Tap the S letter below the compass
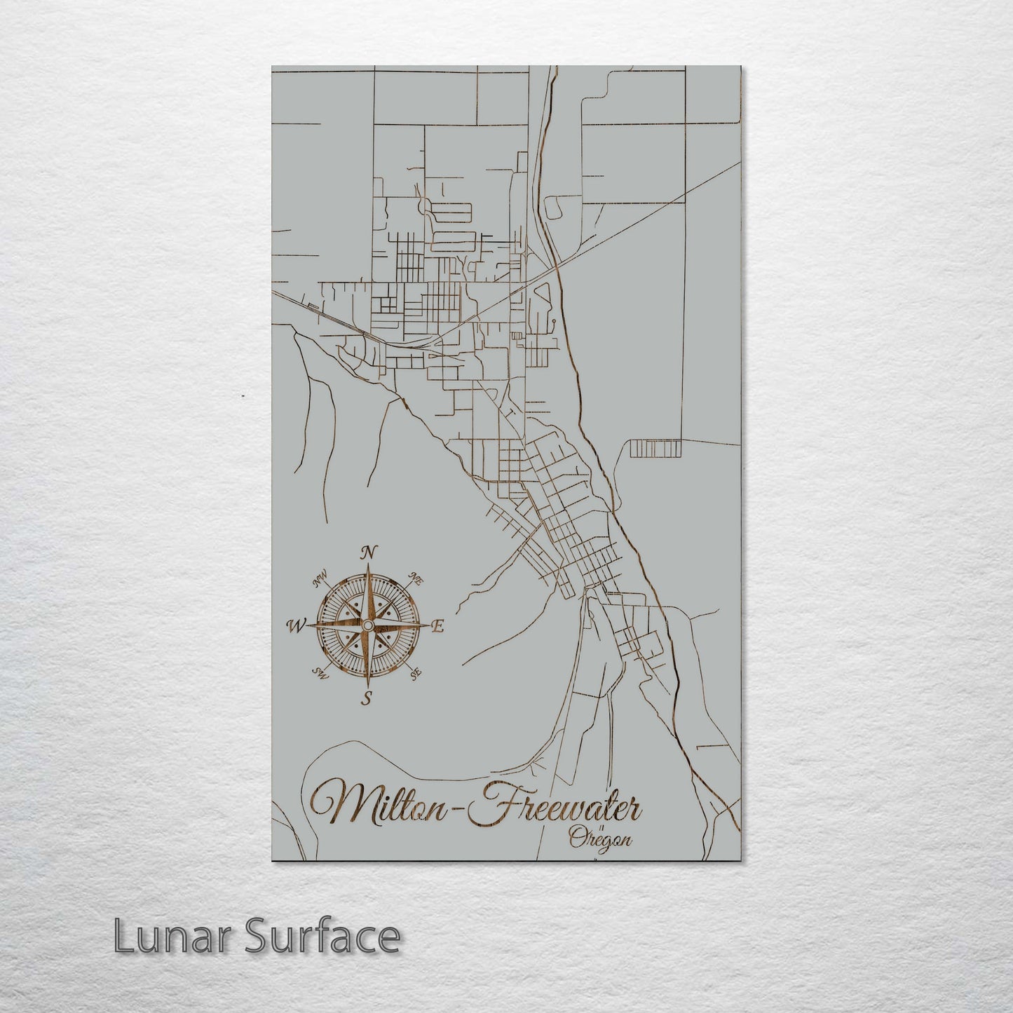(366, 697)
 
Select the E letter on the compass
(437, 627)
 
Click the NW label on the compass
(321, 580)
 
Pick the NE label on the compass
(416, 580)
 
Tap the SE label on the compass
(416, 674)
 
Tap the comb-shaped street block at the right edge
(655, 449)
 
